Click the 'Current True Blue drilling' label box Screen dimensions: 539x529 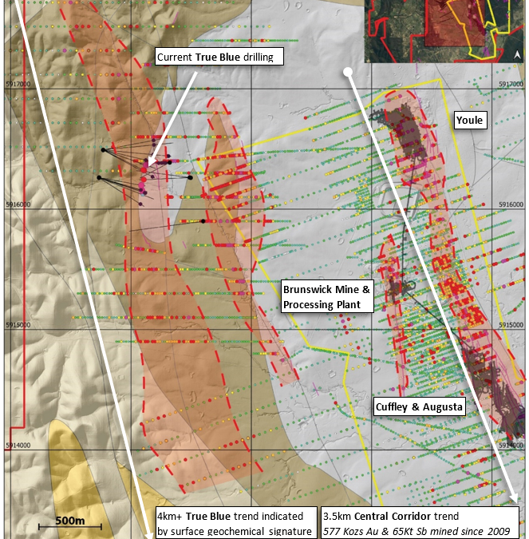(215, 57)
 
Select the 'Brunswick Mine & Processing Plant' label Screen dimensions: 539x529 (327, 295)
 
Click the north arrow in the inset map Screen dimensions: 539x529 (517, 54)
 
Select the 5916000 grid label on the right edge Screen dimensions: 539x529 (511, 204)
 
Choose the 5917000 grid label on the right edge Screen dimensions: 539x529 (511, 84)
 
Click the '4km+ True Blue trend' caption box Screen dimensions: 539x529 (234, 522)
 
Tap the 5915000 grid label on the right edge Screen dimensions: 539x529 (511, 325)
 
